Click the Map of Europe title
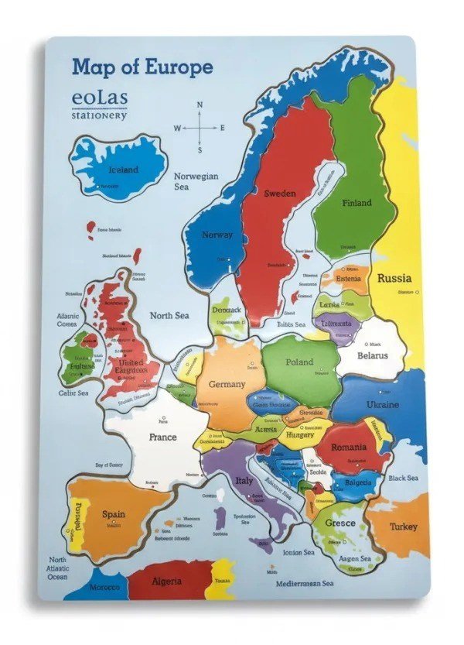pos(142,67)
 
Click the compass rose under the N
pos(200,128)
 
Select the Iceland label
pos(123,170)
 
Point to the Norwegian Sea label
pos(196,181)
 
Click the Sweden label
pos(280,194)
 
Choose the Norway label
pos(217,235)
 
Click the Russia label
pos(394,278)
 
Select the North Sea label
pos(169,316)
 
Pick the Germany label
pos(226,384)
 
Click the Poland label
pos(300,362)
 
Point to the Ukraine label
pos(382,405)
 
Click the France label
pos(162,437)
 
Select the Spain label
pos(114,514)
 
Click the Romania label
pos(349,448)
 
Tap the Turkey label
pos(404,527)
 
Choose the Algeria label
pos(166,581)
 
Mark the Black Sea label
pos(403,479)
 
